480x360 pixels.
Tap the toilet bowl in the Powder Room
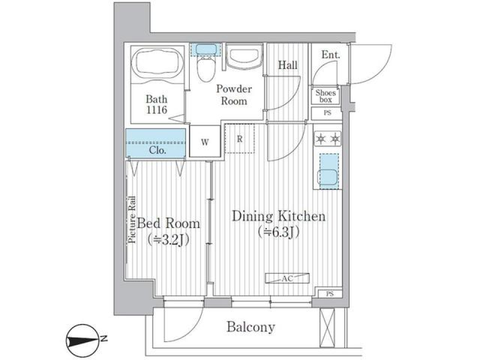[x=205, y=70]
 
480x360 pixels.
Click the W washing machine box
[x=205, y=141]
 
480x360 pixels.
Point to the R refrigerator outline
[x=239, y=138]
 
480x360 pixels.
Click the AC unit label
[x=287, y=278]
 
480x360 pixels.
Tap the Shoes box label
[x=325, y=96]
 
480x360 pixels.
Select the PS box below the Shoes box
[x=327, y=113]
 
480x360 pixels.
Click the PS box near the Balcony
[x=329, y=294]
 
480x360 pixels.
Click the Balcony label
[x=250, y=327]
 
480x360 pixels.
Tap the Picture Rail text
[x=132, y=219]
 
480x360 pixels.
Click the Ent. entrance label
[x=330, y=55]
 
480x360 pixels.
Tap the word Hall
[x=287, y=65]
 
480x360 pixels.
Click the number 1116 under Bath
[x=156, y=109]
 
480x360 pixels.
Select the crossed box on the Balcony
[x=327, y=327]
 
